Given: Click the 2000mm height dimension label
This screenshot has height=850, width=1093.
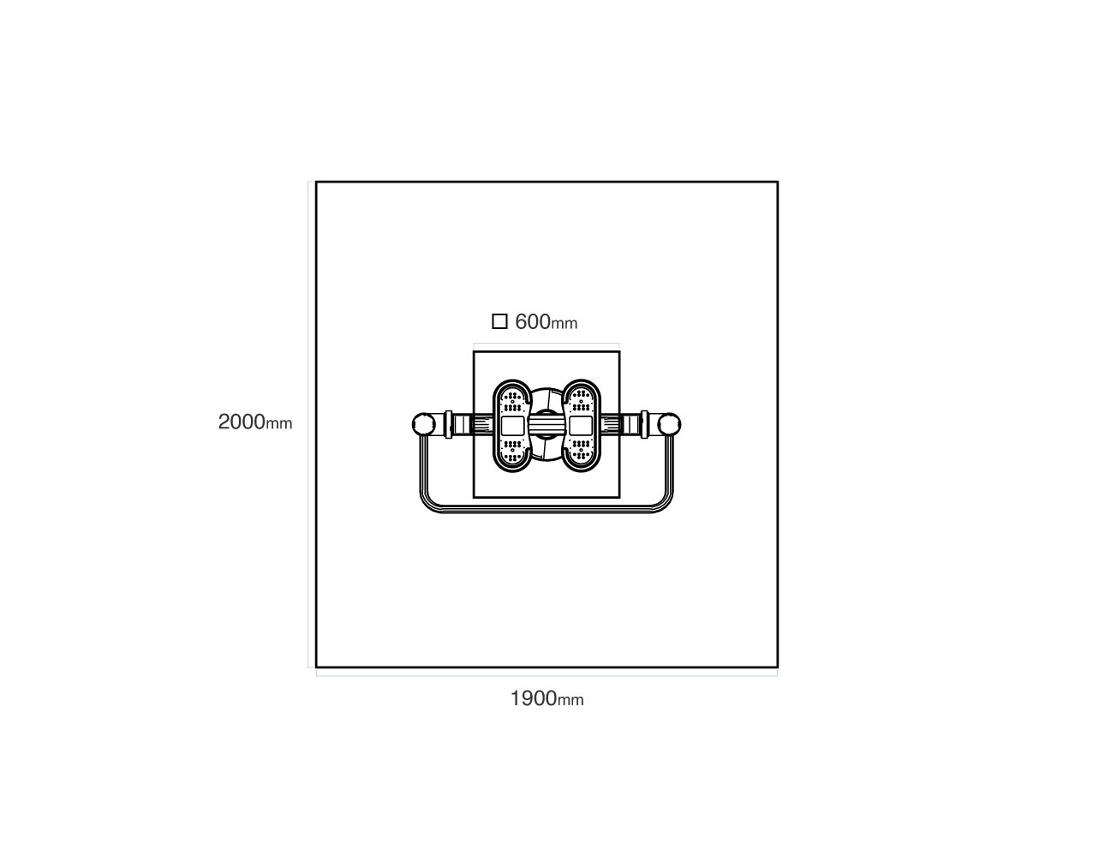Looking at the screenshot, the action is pyautogui.click(x=255, y=422).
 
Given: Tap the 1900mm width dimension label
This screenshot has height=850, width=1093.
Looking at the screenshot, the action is pyautogui.click(x=546, y=698).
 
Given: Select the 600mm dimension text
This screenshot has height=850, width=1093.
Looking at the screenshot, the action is pyautogui.click(x=546, y=322).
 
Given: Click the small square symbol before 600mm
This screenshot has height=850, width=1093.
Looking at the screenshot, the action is pyautogui.click(x=499, y=321).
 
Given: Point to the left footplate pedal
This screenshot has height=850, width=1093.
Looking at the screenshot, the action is pyautogui.click(x=512, y=426).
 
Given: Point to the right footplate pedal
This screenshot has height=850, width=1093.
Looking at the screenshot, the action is pyautogui.click(x=581, y=426).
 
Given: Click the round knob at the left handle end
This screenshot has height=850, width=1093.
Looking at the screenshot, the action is pyautogui.click(x=423, y=424).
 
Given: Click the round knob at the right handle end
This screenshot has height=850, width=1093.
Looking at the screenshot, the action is pyautogui.click(x=670, y=424).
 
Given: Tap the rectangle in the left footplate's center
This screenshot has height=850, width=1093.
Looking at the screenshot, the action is pyautogui.click(x=513, y=426).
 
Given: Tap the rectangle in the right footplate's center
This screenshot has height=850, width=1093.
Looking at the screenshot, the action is pyautogui.click(x=580, y=426).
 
